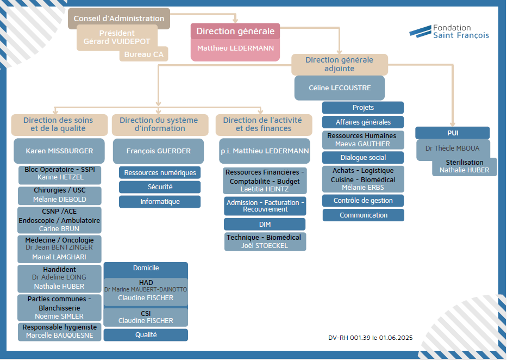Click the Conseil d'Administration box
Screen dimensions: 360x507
pos(119,18)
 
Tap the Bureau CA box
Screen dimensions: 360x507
pos(143,54)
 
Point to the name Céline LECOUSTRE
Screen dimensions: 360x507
pos(340,88)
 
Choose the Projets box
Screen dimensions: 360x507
pos(363,108)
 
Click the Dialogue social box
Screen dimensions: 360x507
pos(363,158)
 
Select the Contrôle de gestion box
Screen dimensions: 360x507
pos(363,201)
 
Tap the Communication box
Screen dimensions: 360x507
pos(363,215)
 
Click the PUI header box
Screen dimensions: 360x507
pos(453,133)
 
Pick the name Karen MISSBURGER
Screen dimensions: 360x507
pos(60,151)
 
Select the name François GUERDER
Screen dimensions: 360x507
pos(158,151)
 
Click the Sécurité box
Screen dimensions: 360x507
pos(160,187)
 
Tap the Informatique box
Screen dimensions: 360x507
pos(160,202)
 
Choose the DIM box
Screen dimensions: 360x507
pos(265,224)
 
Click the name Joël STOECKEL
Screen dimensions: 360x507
pos(265,245)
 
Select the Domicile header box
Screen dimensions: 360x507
pos(146,268)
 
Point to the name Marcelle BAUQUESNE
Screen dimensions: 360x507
pos(60,336)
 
